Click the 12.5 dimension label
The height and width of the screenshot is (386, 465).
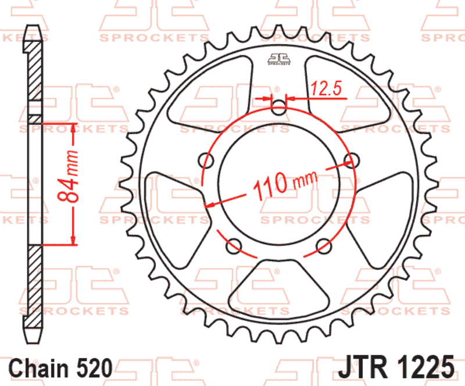(326, 88)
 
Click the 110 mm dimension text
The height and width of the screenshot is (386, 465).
(285, 184)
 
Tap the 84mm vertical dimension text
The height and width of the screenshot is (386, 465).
(68, 176)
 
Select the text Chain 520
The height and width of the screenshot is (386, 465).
(61, 368)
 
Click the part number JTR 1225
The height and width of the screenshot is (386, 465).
(396, 366)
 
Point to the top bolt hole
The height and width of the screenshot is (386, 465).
(279, 108)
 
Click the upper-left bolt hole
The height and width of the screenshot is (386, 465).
(206, 161)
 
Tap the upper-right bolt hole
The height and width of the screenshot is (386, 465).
(352, 160)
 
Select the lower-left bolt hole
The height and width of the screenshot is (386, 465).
(234, 246)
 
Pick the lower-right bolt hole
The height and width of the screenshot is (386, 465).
(324, 246)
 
